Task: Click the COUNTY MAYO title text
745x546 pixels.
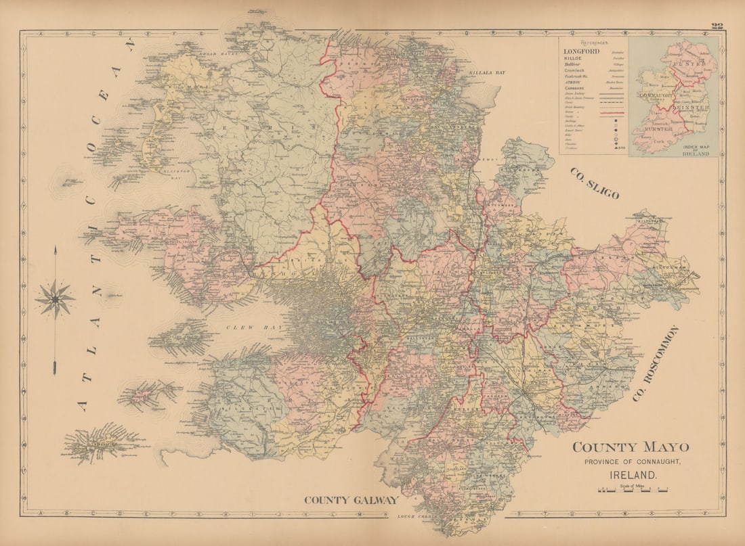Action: [631, 447]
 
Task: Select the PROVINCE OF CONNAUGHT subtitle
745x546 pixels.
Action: [631, 461]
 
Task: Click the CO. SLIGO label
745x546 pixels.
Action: [594, 183]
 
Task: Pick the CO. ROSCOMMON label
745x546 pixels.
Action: [655, 363]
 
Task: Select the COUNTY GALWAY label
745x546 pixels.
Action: [351, 500]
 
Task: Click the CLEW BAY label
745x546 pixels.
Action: [254, 327]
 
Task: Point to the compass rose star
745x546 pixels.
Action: [55, 298]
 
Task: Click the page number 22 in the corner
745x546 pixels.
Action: [717, 26]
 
